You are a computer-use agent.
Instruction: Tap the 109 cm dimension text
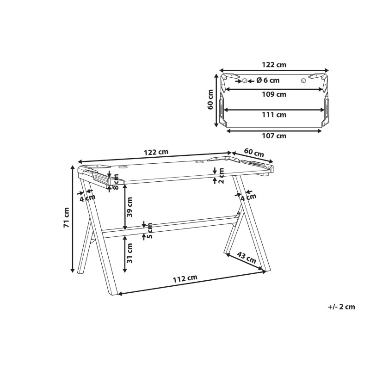point(275,94)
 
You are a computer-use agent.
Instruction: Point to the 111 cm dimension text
point(275,115)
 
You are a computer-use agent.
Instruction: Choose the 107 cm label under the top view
point(275,136)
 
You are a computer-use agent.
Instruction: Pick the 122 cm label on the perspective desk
point(156,152)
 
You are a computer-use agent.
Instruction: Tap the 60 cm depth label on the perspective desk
point(253,152)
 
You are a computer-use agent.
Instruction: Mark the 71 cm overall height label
point(66,217)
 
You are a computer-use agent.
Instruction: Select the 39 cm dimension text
point(130,207)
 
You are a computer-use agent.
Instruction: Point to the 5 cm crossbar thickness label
point(150,231)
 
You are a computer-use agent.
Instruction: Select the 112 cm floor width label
point(185,278)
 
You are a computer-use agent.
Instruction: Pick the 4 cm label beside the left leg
point(87,197)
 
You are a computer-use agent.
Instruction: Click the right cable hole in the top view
point(303,80)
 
